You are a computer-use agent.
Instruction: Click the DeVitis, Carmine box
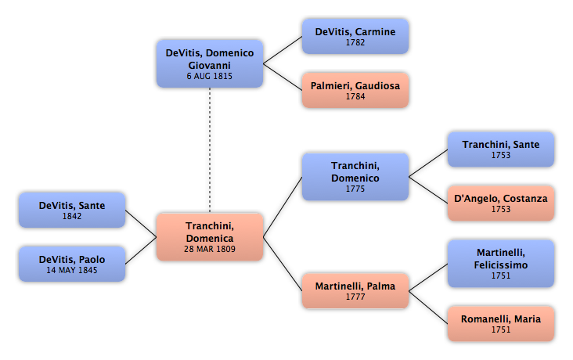(x=355, y=37)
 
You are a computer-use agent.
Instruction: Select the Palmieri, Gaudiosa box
(x=355, y=90)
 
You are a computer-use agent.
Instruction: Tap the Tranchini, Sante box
(x=501, y=149)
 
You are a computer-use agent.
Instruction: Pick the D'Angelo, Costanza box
(x=501, y=203)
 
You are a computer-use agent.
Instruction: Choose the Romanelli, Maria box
(x=501, y=324)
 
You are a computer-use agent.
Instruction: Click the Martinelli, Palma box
(x=355, y=291)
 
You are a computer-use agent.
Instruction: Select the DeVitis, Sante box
(x=72, y=211)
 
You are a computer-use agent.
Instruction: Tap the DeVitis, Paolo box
(x=72, y=264)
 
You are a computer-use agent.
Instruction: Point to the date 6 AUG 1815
(x=209, y=76)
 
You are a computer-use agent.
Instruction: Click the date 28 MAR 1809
(x=210, y=249)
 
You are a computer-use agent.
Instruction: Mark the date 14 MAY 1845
(x=72, y=270)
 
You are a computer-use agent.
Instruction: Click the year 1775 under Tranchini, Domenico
(x=355, y=189)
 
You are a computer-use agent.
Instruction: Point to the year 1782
(x=355, y=42)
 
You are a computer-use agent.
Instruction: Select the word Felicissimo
(x=501, y=265)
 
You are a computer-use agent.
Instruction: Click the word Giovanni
(x=209, y=66)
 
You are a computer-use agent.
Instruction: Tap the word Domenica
(x=210, y=238)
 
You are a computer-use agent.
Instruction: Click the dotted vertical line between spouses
(x=210, y=149)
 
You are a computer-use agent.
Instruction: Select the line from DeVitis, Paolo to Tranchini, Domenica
(x=141, y=250)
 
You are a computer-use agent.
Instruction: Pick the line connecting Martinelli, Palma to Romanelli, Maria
(x=428, y=308)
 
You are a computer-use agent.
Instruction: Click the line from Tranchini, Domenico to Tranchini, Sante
(x=428, y=164)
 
